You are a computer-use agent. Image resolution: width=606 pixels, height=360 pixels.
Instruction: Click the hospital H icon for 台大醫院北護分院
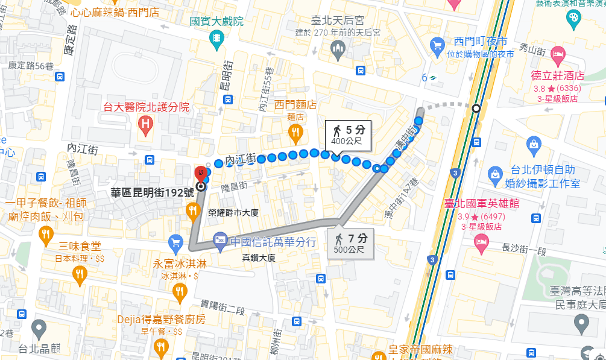(145, 125)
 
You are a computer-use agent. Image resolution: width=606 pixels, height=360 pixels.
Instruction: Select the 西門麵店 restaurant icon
(295, 131)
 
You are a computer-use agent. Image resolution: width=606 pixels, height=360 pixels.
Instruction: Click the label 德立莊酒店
(557, 76)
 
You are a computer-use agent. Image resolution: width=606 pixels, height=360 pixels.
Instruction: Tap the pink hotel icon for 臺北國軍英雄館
(481, 243)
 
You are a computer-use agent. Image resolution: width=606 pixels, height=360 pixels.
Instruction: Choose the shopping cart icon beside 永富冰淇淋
(176, 243)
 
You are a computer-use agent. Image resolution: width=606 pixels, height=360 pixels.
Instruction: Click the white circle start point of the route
(476, 109)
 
